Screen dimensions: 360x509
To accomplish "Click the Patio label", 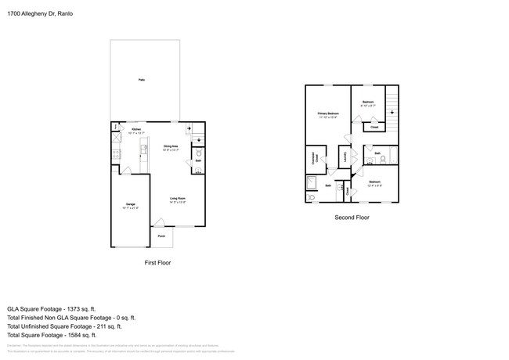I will pyautogui.click(x=141, y=80).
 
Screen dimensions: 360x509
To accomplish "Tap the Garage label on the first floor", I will pyautogui.click(x=130, y=206).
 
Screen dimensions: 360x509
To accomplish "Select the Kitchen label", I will pyautogui.click(x=136, y=131).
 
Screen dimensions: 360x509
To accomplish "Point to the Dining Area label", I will pyautogui.click(x=171, y=147).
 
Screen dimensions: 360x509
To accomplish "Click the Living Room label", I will pyautogui.click(x=178, y=200).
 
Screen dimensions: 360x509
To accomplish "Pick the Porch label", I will pyautogui.click(x=161, y=236).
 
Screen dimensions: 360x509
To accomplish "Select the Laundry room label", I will pyautogui.click(x=345, y=155).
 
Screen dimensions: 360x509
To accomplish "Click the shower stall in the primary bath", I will pyautogui.click(x=311, y=184).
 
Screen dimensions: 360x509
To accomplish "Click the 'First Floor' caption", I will pyautogui.click(x=157, y=263).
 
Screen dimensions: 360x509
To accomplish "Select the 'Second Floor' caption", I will pyautogui.click(x=352, y=217).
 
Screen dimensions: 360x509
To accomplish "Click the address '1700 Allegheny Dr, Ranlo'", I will pyautogui.click(x=42, y=13).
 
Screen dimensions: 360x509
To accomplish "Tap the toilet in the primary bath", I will pyautogui.click(x=311, y=199).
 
